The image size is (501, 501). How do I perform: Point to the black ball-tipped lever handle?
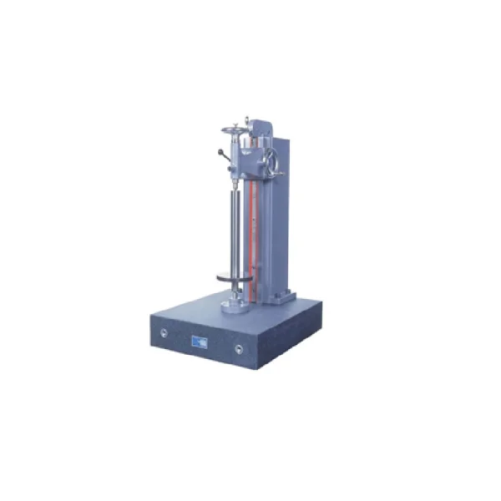click(x=221, y=153)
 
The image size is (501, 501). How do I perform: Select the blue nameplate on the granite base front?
click(x=201, y=341)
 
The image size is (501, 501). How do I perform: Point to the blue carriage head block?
click(x=247, y=159)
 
